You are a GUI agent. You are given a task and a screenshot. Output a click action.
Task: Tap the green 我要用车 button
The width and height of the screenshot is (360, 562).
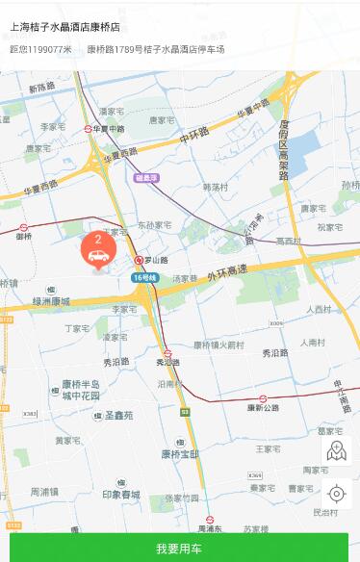click(x=179, y=548)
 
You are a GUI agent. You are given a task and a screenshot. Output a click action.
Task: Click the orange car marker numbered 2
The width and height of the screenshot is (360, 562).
click(x=98, y=251)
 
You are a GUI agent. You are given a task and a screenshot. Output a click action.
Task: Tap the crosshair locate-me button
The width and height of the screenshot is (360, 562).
click(x=336, y=494)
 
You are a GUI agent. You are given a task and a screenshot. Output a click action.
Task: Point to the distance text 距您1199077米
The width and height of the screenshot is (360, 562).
click(x=40, y=49)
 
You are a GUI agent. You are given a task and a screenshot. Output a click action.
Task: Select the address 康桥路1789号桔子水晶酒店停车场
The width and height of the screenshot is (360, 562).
click(x=155, y=49)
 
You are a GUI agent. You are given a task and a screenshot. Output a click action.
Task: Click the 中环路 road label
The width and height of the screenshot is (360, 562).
click(x=193, y=138)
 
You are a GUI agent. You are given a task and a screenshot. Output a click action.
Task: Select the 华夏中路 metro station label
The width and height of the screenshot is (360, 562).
click(x=109, y=128)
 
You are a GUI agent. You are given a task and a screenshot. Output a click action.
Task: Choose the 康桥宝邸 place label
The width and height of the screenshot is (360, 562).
click(x=180, y=453)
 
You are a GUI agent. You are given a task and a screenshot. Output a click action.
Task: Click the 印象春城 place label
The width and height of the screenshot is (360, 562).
click(x=123, y=495)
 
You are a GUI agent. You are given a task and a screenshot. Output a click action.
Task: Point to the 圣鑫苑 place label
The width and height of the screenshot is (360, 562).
click(x=118, y=415)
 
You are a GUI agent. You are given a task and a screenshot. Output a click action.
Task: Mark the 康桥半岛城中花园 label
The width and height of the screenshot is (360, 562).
click(x=81, y=390)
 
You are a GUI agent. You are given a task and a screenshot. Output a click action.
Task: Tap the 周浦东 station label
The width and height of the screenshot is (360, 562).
click(x=210, y=529)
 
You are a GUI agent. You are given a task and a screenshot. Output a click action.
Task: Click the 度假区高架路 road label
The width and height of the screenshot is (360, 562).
click(x=284, y=151)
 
